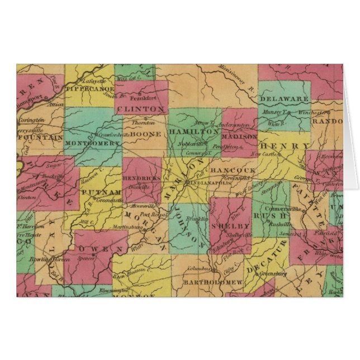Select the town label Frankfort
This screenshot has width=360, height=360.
[141, 96]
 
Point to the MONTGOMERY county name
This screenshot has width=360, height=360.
[93, 143]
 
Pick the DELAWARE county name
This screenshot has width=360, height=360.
[284, 98]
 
